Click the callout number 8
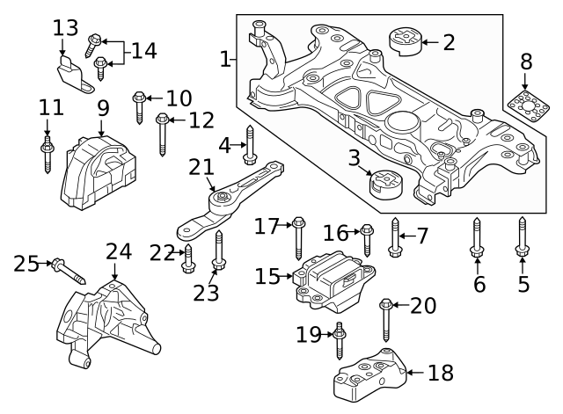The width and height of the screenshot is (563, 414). [x=526, y=62]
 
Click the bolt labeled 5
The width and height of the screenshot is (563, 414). [x=522, y=238]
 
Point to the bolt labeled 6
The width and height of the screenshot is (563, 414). [x=477, y=238]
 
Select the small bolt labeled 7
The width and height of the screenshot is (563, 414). [x=395, y=237]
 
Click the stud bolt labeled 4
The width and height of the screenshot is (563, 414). [x=250, y=146]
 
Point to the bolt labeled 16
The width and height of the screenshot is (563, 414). [x=367, y=237]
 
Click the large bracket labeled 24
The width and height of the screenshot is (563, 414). [x=107, y=321]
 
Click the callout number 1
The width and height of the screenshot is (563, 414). [x=226, y=60]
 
